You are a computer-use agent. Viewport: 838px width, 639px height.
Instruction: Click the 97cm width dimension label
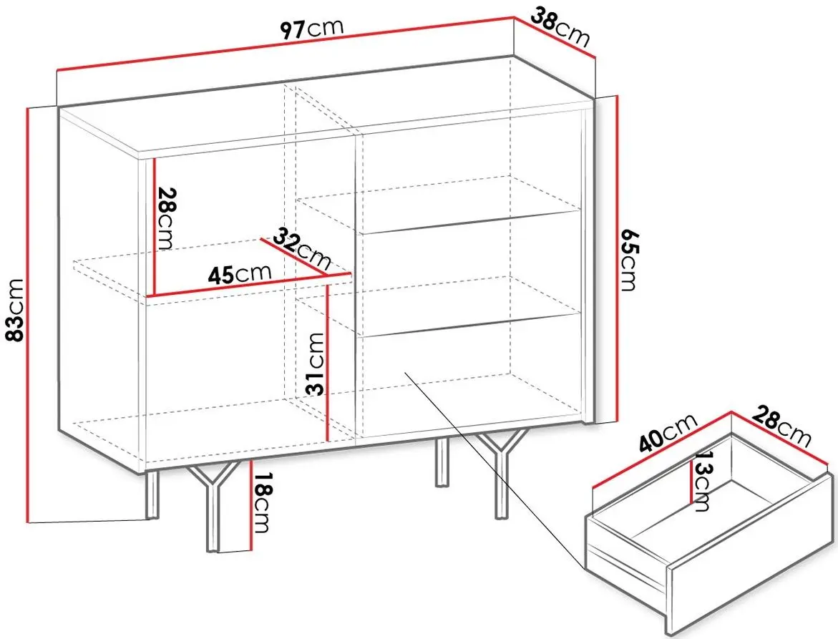pyautogui.click(x=312, y=29)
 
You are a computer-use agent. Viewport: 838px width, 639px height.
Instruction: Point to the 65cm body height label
pyautogui.click(x=629, y=260)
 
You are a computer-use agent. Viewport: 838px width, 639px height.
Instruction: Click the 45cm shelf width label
pyautogui.click(x=240, y=274)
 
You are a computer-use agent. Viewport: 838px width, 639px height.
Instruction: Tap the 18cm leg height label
pyautogui.click(x=261, y=503)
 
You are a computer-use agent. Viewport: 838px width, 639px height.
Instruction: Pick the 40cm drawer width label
pyautogui.click(x=668, y=434)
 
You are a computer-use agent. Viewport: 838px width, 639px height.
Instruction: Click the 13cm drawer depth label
pyautogui.click(x=702, y=481)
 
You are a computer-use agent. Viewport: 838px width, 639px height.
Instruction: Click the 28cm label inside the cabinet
pyautogui.click(x=164, y=218)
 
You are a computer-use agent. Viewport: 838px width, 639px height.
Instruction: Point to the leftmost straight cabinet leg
pyautogui.click(x=152, y=494)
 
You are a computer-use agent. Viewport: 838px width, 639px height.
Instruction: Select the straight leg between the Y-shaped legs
pyautogui.click(x=442, y=462)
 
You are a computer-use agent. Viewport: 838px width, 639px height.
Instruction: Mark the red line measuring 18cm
pyautogui.click(x=250, y=504)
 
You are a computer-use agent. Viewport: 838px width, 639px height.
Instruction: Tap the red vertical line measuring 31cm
pyautogui.click(x=327, y=363)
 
